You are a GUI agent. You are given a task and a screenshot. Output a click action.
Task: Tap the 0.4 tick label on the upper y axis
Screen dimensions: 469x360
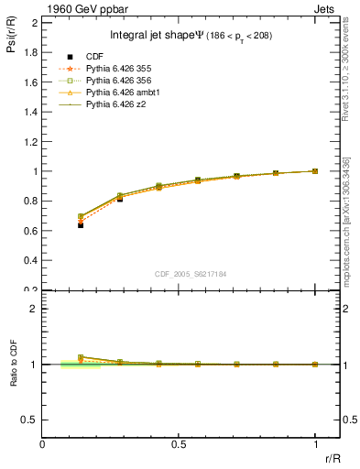tap(29, 260)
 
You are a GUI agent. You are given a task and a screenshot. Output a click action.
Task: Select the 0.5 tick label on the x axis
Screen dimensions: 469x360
tap(179, 443)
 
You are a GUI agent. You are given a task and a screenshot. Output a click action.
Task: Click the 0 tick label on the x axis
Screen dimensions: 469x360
tap(43, 443)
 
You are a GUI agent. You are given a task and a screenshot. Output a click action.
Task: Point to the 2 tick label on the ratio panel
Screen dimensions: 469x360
tap(33, 309)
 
